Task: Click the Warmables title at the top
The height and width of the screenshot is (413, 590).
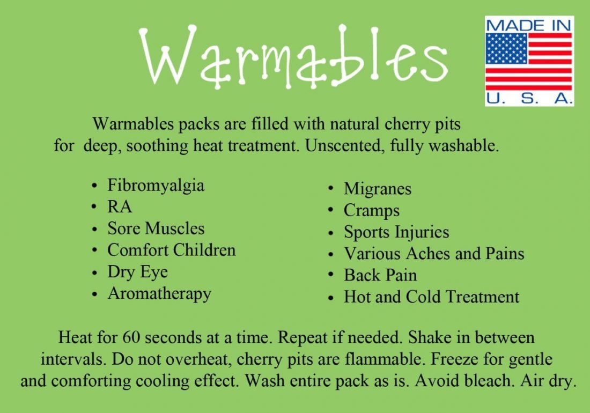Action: pos(293,56)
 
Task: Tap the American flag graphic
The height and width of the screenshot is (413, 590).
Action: pos(529,62)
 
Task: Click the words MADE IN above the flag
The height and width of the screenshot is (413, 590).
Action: pos(529,26)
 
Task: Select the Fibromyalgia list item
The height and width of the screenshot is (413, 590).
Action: pos(156,186)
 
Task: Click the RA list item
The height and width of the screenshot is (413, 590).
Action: pos(120,207)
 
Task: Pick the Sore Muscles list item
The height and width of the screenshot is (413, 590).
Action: pos(156,228)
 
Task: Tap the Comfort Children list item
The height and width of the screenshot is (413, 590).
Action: pos(172,250)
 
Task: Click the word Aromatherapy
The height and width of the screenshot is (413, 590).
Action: pos(159,294)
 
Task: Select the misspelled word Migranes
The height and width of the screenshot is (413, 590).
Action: pos(378,189)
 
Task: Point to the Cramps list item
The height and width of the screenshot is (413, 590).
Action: pos(371,211)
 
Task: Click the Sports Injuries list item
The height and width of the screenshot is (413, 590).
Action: pos(396,232)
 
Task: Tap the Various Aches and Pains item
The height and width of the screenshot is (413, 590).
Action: pos(434,254)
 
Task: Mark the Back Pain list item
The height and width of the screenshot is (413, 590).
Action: pos(380,275)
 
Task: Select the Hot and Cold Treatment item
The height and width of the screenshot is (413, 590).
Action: pos(432,297)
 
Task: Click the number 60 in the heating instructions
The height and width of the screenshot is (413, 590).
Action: pos(131,337)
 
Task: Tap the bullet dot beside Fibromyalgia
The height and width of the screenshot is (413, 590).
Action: pos(94,186)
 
